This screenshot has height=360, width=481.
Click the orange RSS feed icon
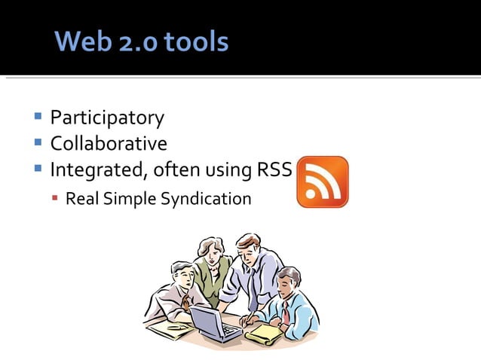pos(322,182)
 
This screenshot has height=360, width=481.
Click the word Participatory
pos(106,118)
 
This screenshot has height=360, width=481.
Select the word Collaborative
pos(109,143)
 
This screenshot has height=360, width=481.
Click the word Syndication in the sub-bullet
pos(204,199)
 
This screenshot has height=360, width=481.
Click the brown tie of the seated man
pos(185,301)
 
